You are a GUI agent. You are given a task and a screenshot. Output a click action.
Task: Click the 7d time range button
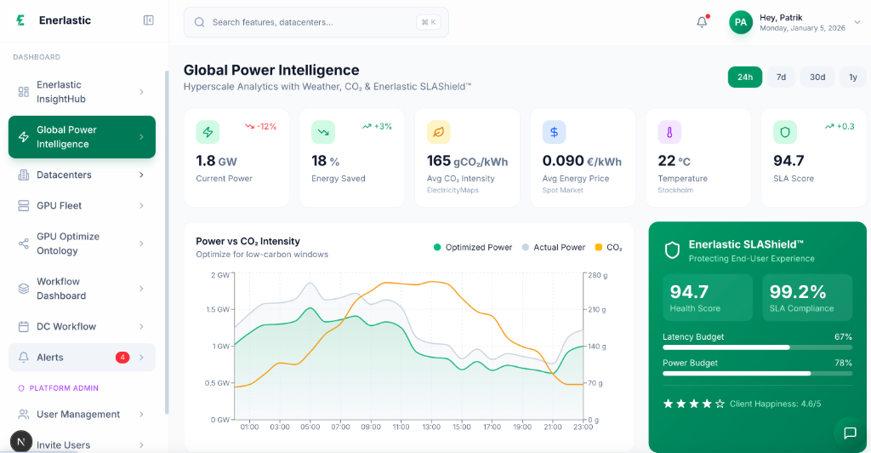point(781,77)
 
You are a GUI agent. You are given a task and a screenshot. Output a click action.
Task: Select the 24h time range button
point(744,77)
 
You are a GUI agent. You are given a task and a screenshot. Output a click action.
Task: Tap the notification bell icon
point(702,22)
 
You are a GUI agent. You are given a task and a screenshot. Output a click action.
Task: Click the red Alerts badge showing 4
point(122,358)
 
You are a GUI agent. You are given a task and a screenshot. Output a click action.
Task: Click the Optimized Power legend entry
point(473,247)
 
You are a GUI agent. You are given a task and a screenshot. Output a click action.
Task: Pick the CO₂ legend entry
point(608,247)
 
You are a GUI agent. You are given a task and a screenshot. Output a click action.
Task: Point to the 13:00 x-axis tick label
point(430,427)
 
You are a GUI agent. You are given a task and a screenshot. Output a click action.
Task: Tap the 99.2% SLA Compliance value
point(798,292)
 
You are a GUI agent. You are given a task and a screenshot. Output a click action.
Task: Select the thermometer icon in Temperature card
point(669,133)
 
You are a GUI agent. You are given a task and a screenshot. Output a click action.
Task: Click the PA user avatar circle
point(741,22)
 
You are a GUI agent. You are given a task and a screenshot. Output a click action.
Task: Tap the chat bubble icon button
point(849,433)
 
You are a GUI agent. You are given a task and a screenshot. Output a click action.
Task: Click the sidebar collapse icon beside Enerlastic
point(149,20)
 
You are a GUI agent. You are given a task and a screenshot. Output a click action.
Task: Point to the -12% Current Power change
point(261,126)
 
